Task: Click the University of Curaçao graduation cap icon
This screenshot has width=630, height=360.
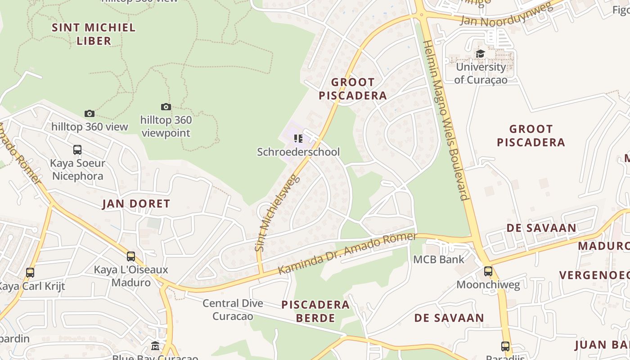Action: pos(481,54)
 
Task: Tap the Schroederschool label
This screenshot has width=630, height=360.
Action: pos(298,152)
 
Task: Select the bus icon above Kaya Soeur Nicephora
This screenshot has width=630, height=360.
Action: pos(77,149)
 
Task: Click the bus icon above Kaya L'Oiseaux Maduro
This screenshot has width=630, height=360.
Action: pos(131,256)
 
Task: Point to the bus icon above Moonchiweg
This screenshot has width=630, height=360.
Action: pos(488,271)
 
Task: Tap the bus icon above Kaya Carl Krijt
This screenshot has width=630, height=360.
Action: pos(30,273)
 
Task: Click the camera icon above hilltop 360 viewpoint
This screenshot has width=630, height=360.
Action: pos(166,107)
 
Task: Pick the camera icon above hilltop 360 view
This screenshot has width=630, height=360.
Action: pos(90,113)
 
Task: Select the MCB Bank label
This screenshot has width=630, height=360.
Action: pos(439,260)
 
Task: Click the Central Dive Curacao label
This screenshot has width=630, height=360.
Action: pos(233,310)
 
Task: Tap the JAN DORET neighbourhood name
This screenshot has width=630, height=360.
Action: pos(136,204)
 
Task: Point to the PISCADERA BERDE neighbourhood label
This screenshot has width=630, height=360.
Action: pos(315,311)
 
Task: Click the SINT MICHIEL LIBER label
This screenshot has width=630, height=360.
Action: pos(94,34)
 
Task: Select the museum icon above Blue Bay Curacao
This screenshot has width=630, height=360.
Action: pos(155,346)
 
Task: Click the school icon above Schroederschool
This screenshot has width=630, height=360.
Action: pos(298,138)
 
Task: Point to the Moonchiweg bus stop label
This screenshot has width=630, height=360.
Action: pos(488,285)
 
